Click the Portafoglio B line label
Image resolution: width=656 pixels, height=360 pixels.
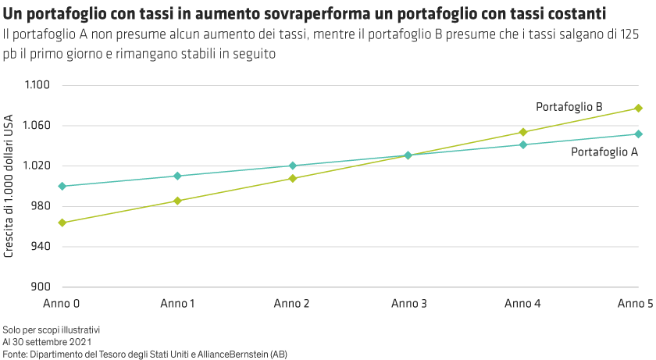point(569,106)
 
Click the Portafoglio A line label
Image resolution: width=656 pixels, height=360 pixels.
point(605,152)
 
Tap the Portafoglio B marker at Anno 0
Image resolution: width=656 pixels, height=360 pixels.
point(62,223)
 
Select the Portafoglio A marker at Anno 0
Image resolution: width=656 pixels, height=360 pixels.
point(62,186)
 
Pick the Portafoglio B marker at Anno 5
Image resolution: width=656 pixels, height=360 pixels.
point(638,108)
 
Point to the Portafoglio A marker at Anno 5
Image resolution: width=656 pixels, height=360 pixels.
point(638,134)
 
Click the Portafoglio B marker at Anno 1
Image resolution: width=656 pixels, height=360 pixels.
point(177,201)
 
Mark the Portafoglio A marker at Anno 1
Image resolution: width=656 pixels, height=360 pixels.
point(177,176)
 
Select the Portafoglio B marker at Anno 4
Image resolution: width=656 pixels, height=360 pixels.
point(523,132)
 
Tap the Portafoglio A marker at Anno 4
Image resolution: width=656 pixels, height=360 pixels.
point(523,144)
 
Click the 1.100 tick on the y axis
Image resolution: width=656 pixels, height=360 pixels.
point(37,85)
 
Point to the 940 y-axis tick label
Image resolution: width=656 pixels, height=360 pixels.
point(40,247)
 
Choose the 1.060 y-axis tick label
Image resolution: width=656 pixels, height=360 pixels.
point(37,126)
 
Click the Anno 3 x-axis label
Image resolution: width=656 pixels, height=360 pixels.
point(408,302)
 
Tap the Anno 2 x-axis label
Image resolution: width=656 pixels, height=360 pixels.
point(293,302)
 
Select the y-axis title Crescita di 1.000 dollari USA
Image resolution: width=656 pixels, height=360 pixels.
point(9,187)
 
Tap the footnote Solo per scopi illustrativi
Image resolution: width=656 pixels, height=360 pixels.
point(52,330)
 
